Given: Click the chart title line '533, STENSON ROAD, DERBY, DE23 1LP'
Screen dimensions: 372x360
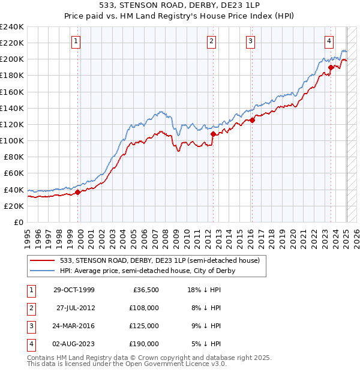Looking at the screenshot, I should (180, 7).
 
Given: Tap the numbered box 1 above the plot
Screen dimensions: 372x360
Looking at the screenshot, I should (77, 41).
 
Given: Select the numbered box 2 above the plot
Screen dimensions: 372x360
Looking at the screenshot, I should (212, 41).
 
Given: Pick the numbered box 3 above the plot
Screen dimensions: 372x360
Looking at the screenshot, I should (250, 41).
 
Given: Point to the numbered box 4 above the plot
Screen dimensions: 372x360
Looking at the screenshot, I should (329, 41).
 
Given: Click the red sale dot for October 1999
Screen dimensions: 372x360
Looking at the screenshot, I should (78, 193).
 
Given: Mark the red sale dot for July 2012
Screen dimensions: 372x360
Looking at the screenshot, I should (212, 134).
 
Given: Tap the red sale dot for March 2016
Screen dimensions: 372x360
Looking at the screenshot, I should (253, 120).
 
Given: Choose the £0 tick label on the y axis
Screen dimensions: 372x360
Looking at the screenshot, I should (18, 222).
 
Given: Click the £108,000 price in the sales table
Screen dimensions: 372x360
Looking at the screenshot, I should (145, 308).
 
